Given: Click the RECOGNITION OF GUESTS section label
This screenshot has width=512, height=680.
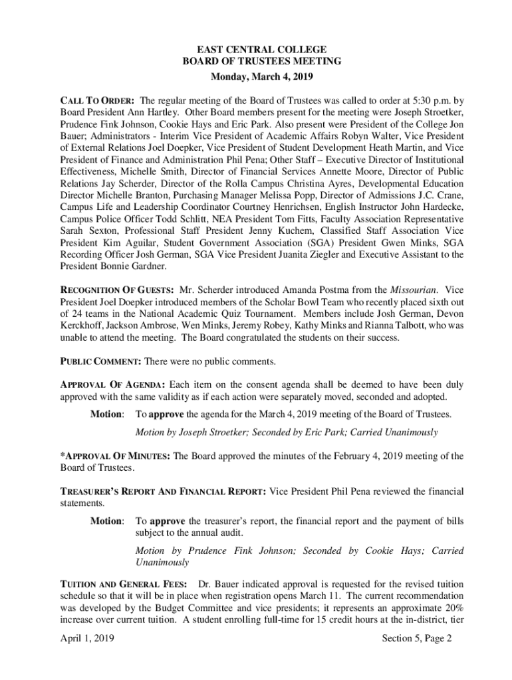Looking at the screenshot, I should tap(117, 290).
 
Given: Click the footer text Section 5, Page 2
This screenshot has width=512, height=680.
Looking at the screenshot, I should tap(417, 639).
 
